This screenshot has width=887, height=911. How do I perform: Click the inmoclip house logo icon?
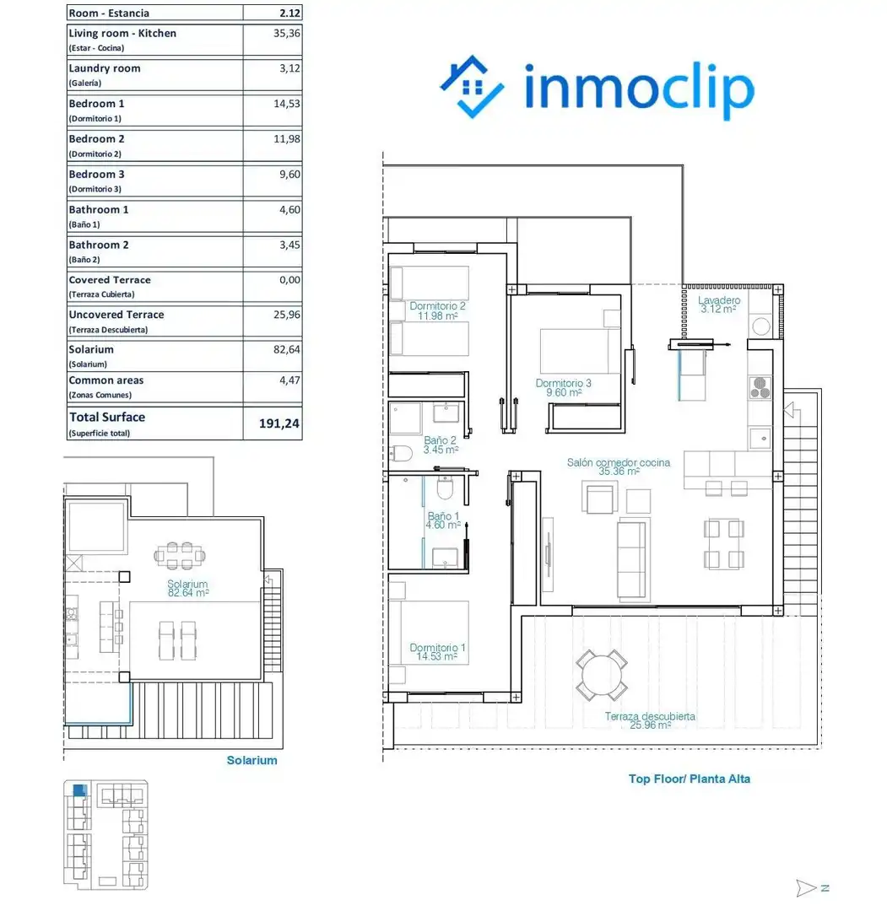(x=472, y=87)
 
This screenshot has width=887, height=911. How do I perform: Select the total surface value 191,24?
(x=279, y=423)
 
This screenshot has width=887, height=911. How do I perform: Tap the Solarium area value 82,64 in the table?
(x=287, y=350)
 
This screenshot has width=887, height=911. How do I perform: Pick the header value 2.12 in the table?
(x=289, y=13)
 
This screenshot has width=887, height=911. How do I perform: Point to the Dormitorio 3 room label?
(x=563, y=387)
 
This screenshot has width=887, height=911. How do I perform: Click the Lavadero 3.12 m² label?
(x=719, y=304)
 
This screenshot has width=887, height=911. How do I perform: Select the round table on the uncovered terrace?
(x=602, y=675)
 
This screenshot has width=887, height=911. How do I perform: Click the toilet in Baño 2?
(x=402, y=453)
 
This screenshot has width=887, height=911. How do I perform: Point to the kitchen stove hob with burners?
(x=760, y=387)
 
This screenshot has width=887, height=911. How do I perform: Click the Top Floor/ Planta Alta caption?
(x=690, y=779)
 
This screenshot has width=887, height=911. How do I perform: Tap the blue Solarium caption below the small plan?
(x=251, y=760)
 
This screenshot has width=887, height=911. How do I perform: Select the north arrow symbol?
(x=812, y=887)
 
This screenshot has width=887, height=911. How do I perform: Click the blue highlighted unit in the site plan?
(x=79, y=790)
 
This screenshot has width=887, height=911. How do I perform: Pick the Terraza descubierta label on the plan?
(x=650, y=720)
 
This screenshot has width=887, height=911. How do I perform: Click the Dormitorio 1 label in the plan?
(x=437, y=652)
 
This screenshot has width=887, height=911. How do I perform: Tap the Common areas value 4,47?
(x=289, y=380)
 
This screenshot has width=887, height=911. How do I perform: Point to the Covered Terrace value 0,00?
(x=289, y=280)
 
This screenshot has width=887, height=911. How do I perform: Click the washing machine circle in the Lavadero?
(x=761, y=326)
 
